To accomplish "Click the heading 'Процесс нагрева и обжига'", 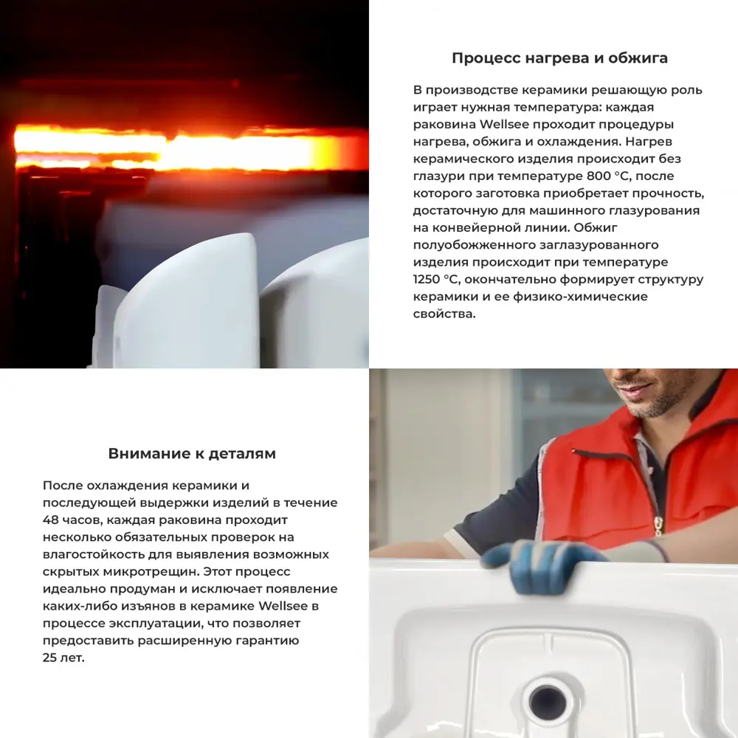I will [x=559, y=58].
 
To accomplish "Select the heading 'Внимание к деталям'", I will [x=192, y=454].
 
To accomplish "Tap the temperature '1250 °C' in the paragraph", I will [x=438, y=280].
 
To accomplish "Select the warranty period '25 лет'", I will [x=63, y=658].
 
